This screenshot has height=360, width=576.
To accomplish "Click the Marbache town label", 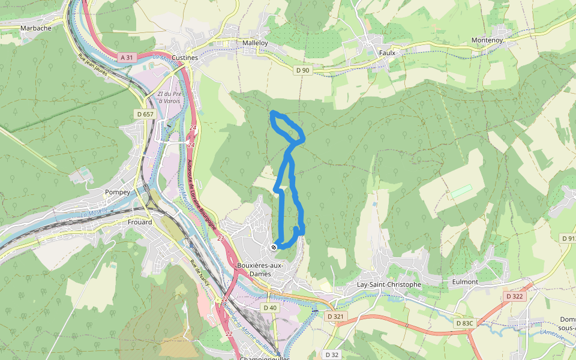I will pyautogui.click(x=35, y=28).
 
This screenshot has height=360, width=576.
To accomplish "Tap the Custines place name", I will pyautogui.click(x=184, y=58).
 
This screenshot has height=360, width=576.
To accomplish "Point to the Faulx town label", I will pyautogui.click(x=387, y=52).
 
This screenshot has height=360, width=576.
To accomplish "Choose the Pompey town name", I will pyautogui.click(x=117, y=192).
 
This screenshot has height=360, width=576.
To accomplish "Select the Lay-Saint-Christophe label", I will pyautogui.click(x=389, y=284).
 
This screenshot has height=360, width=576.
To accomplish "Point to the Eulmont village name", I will pyautogui.click(x=465, y=281).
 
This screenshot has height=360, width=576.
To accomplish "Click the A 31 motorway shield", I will pyautogui.click(x=125, y=58).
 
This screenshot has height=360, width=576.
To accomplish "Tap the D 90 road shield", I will pyautogui.click(x=303, y=70).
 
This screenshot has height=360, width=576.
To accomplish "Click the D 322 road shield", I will pyautogui.click(x=514, y=296).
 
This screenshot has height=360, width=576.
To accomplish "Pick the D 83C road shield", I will pyautogui.click(x=464, y=323).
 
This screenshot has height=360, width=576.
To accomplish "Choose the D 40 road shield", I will pyautogui.click(x=270, y=308).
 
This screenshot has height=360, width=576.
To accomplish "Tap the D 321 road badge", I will pyautogui.click(x=336, y=316).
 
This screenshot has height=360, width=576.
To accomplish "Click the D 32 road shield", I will pyautogui.click(x=332, y=354).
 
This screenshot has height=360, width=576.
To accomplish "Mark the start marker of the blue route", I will pyautogui.click(x=274, y=247).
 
